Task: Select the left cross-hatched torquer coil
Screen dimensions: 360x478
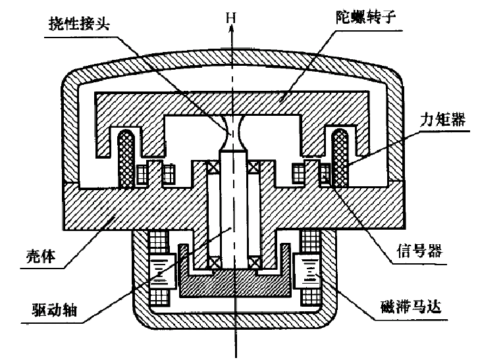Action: pyautogui.click(x=124, y=159)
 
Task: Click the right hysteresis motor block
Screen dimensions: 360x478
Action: pyautogui.click(x=307, y=270)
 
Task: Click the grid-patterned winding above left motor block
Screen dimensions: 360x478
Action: pyautogui.click(x=159, y=240)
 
